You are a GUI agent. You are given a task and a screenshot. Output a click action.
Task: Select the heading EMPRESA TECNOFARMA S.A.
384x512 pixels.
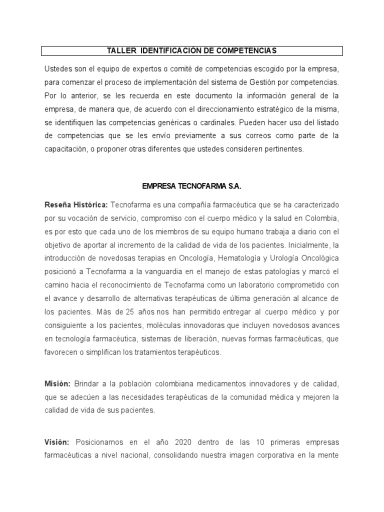(191, 186)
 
